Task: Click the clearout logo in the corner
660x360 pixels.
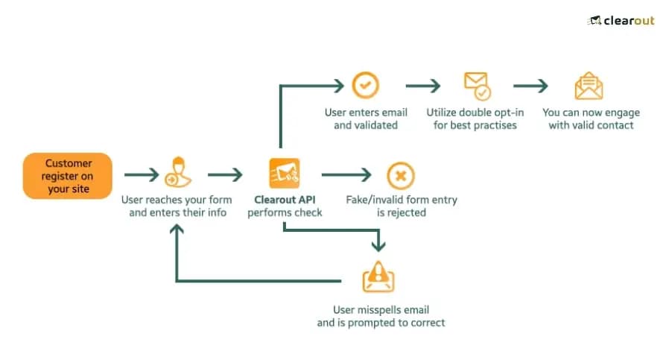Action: pyautogui.click(x=621, y=20)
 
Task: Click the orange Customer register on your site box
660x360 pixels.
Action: pyautogui.click(x=68, y=176)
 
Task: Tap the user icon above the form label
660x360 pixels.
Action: pyautogui.click(x=177, y=173)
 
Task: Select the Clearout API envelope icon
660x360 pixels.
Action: pyautogui.click(x=284, y=174)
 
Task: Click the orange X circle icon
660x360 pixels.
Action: pyautogui.click(x=401, y=176)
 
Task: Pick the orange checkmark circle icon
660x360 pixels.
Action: pyautogui.click(x=365, y=86)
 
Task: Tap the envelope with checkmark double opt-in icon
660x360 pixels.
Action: pyautogui.click(x=476, y=86)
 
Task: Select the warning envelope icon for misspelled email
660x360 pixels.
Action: pyautogui.click(x=378, y=278)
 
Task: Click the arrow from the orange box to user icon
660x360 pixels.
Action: pyautogui.click(x=141, y=176)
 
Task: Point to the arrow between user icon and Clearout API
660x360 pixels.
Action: pyautogui.click(x=225, y=176)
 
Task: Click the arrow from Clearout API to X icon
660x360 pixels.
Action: pyautogui.click(x=346, y=176)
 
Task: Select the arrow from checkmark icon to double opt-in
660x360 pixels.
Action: pyautogui.click(x=422, y=86)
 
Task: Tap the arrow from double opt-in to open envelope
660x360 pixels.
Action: pyautogui.click(x=530, y=86)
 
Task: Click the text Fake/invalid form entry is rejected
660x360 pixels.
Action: pyautogui.click(x=401, y=206)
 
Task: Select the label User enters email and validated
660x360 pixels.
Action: pyautogui.click(x=366, y=119)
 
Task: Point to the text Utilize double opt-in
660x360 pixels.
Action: pyautogui.click(x=475, y=113)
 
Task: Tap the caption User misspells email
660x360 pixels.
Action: pyautogui.click(x=381, y=310)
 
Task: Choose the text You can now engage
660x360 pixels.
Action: pyautogui.click(x=591, y=113)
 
